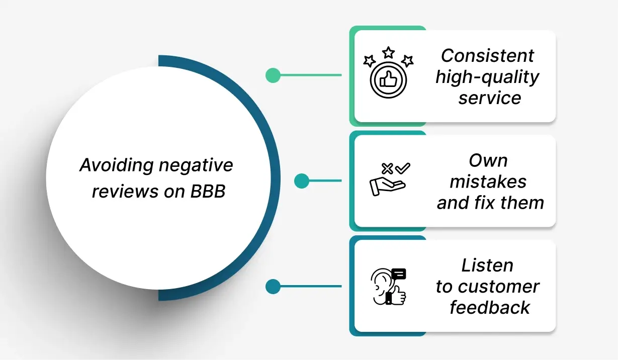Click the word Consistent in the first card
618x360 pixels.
487,55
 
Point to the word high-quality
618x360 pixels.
487,77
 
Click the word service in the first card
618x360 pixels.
489,98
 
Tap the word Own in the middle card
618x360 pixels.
488,160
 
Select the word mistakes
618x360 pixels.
488,182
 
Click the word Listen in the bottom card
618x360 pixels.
487,265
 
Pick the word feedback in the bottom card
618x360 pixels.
489,307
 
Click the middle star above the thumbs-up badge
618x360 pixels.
388,52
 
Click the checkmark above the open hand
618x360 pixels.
403,168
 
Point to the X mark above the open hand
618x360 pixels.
387,169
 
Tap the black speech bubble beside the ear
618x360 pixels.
399,274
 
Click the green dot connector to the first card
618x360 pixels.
273,75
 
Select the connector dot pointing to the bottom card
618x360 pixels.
273,287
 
